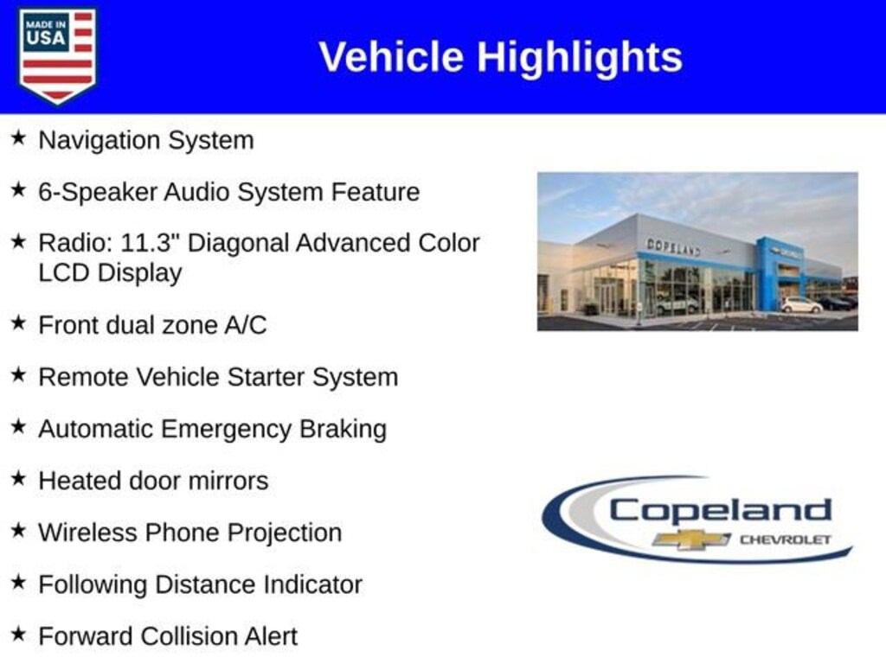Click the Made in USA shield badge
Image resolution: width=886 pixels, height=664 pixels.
[57, 55]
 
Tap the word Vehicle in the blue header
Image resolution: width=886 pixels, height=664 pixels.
[392, 56]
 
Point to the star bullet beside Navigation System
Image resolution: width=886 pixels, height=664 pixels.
[19, 137]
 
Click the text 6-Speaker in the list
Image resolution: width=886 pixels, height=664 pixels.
[99, 193]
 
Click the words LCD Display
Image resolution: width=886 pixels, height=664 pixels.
[110, 273]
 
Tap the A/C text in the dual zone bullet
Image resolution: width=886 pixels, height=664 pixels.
[245, 325]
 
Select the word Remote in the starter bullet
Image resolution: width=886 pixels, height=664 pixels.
[84, 377]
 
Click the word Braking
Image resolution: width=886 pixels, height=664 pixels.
[343, 430]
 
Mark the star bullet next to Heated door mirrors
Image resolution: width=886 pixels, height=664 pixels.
[19, 478]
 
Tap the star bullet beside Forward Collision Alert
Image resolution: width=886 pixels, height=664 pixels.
[19, 634]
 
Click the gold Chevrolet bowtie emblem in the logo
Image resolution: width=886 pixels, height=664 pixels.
[691, 539]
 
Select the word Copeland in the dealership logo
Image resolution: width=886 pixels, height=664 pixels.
[721, 510]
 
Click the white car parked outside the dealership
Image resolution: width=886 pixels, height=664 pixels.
[801, 305]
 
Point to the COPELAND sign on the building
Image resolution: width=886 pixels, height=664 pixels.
[673, 246]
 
